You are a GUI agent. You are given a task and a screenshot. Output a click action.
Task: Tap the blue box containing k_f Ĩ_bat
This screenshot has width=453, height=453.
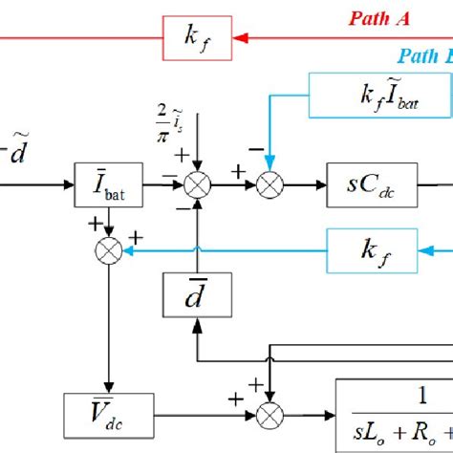coord(367,97)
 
